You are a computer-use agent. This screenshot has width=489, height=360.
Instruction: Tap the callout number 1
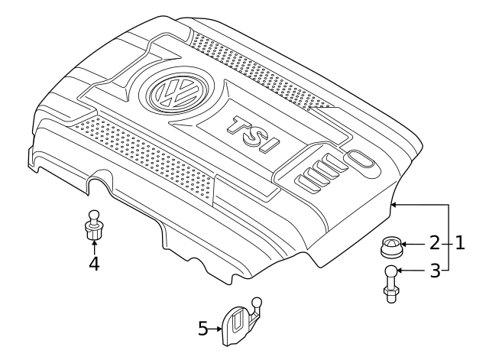[x=460, y=244]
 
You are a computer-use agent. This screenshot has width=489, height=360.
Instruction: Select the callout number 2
[x=434, y=244]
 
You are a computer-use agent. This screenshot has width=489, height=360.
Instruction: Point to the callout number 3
[x=434, y=271]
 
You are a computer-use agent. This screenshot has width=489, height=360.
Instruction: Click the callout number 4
[x=94, y=264]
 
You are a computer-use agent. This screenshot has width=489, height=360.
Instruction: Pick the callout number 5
[x=202, y=329]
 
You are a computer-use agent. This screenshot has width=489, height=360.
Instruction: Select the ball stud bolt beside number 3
[x=390, y=283]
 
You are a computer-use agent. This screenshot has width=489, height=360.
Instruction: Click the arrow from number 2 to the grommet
[x=413, y=245]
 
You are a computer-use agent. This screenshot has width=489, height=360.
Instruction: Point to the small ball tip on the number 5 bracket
[x=257, y=301]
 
